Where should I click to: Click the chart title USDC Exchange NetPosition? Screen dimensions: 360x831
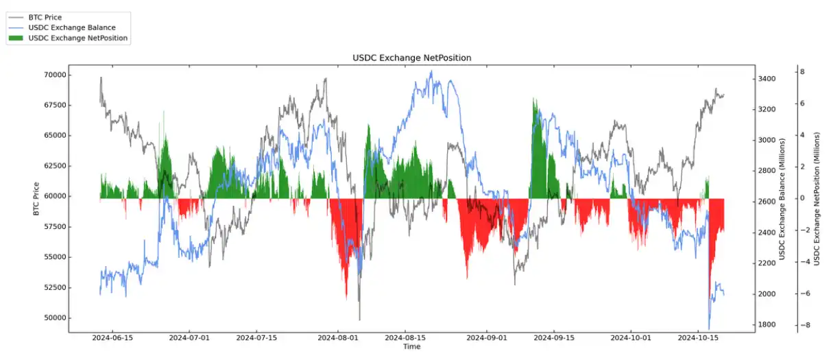[x=411, y=58]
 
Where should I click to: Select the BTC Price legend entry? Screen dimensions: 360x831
[x=47, y=18]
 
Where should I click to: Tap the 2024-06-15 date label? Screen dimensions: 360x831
[x=112, y=338]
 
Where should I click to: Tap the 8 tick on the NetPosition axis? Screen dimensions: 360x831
[x=802, y=71]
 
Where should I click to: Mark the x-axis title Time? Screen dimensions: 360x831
[x=411, y=347]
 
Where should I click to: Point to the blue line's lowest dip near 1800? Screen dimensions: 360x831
[x=709, y=328]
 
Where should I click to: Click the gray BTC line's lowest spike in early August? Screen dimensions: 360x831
[x=359, y=319]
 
